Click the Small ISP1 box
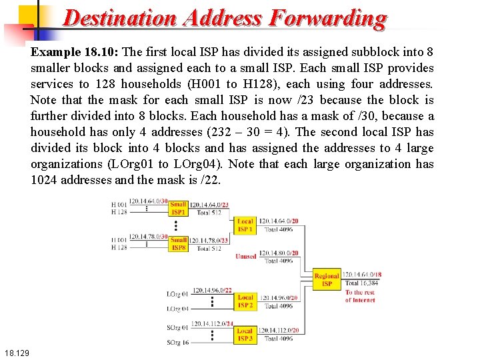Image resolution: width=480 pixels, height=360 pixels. pyautogui.click(x=178, y=209)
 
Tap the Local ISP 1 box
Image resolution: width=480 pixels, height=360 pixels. pyautogui.click(x=245, y=225)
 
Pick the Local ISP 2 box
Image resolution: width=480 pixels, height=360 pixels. pyautogui.click(x=245, y=301)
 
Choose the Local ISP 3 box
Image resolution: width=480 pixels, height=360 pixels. pyautogui.click(x=245, y=335)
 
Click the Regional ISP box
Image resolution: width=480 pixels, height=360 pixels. pyautogui.click(x=327, y=279)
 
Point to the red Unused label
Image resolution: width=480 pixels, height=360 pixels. pyautogui.click(x=245, y=257)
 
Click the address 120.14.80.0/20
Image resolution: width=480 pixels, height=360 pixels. pyautogui.click(x=279, y=253)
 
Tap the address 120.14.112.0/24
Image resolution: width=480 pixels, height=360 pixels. pyautogui.click(x=213, y=324)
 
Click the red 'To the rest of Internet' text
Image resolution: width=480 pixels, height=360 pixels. pyautogui.click(x=360, y=296)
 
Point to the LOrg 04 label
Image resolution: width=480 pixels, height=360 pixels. pyautogui.click(x=178, y=309)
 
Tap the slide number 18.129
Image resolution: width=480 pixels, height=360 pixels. pyautogui.click(x=16, y=351)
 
